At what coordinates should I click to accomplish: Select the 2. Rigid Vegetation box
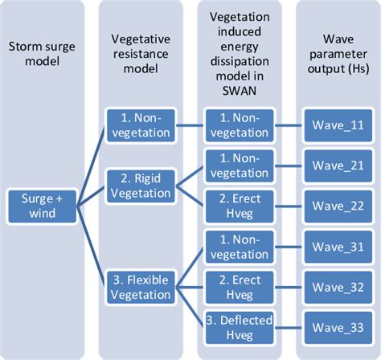pyautogui.click(x=141, y=183)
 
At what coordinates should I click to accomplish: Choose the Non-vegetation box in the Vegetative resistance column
pyautogui.click(x=141, y=125)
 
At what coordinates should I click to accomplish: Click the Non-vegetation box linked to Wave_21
pyautogui.click(x=239, y=166)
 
